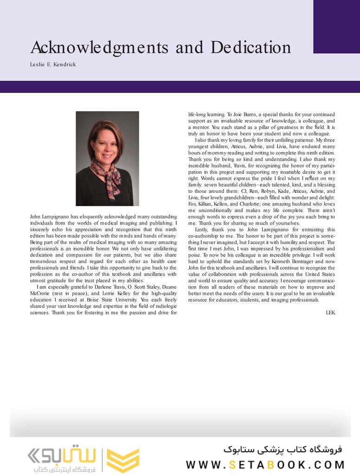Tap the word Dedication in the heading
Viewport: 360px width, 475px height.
tap(251, 48)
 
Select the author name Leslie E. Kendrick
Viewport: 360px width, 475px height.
tap(53, 64)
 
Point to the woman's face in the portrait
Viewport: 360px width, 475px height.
tap(106, 146)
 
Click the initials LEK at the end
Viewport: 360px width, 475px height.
tap(330, 313)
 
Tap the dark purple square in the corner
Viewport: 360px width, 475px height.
tap(336, 26)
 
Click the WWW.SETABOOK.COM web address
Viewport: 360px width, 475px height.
tap(265, 464)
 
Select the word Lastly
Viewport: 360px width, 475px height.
tap(202, 230)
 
